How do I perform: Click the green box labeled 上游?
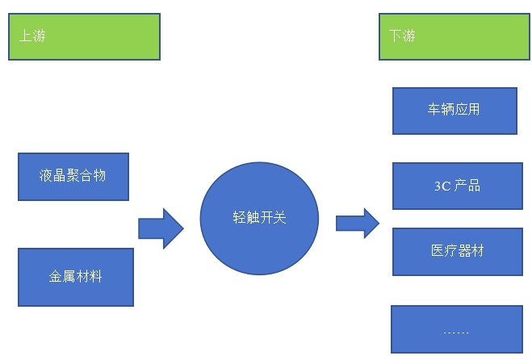point(84,36)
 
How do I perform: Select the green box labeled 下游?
point(456,36)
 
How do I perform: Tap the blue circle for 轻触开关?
point(259,218)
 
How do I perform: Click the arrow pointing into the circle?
point(161,228)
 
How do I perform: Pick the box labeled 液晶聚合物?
point(73,175)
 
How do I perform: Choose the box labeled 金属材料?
point(75,277)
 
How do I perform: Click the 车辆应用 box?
point(454,109)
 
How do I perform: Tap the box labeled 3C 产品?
point(457,186)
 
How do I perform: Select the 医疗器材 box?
point(457,251)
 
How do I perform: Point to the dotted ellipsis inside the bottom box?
point(456,332)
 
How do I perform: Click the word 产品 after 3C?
point(467,186)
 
